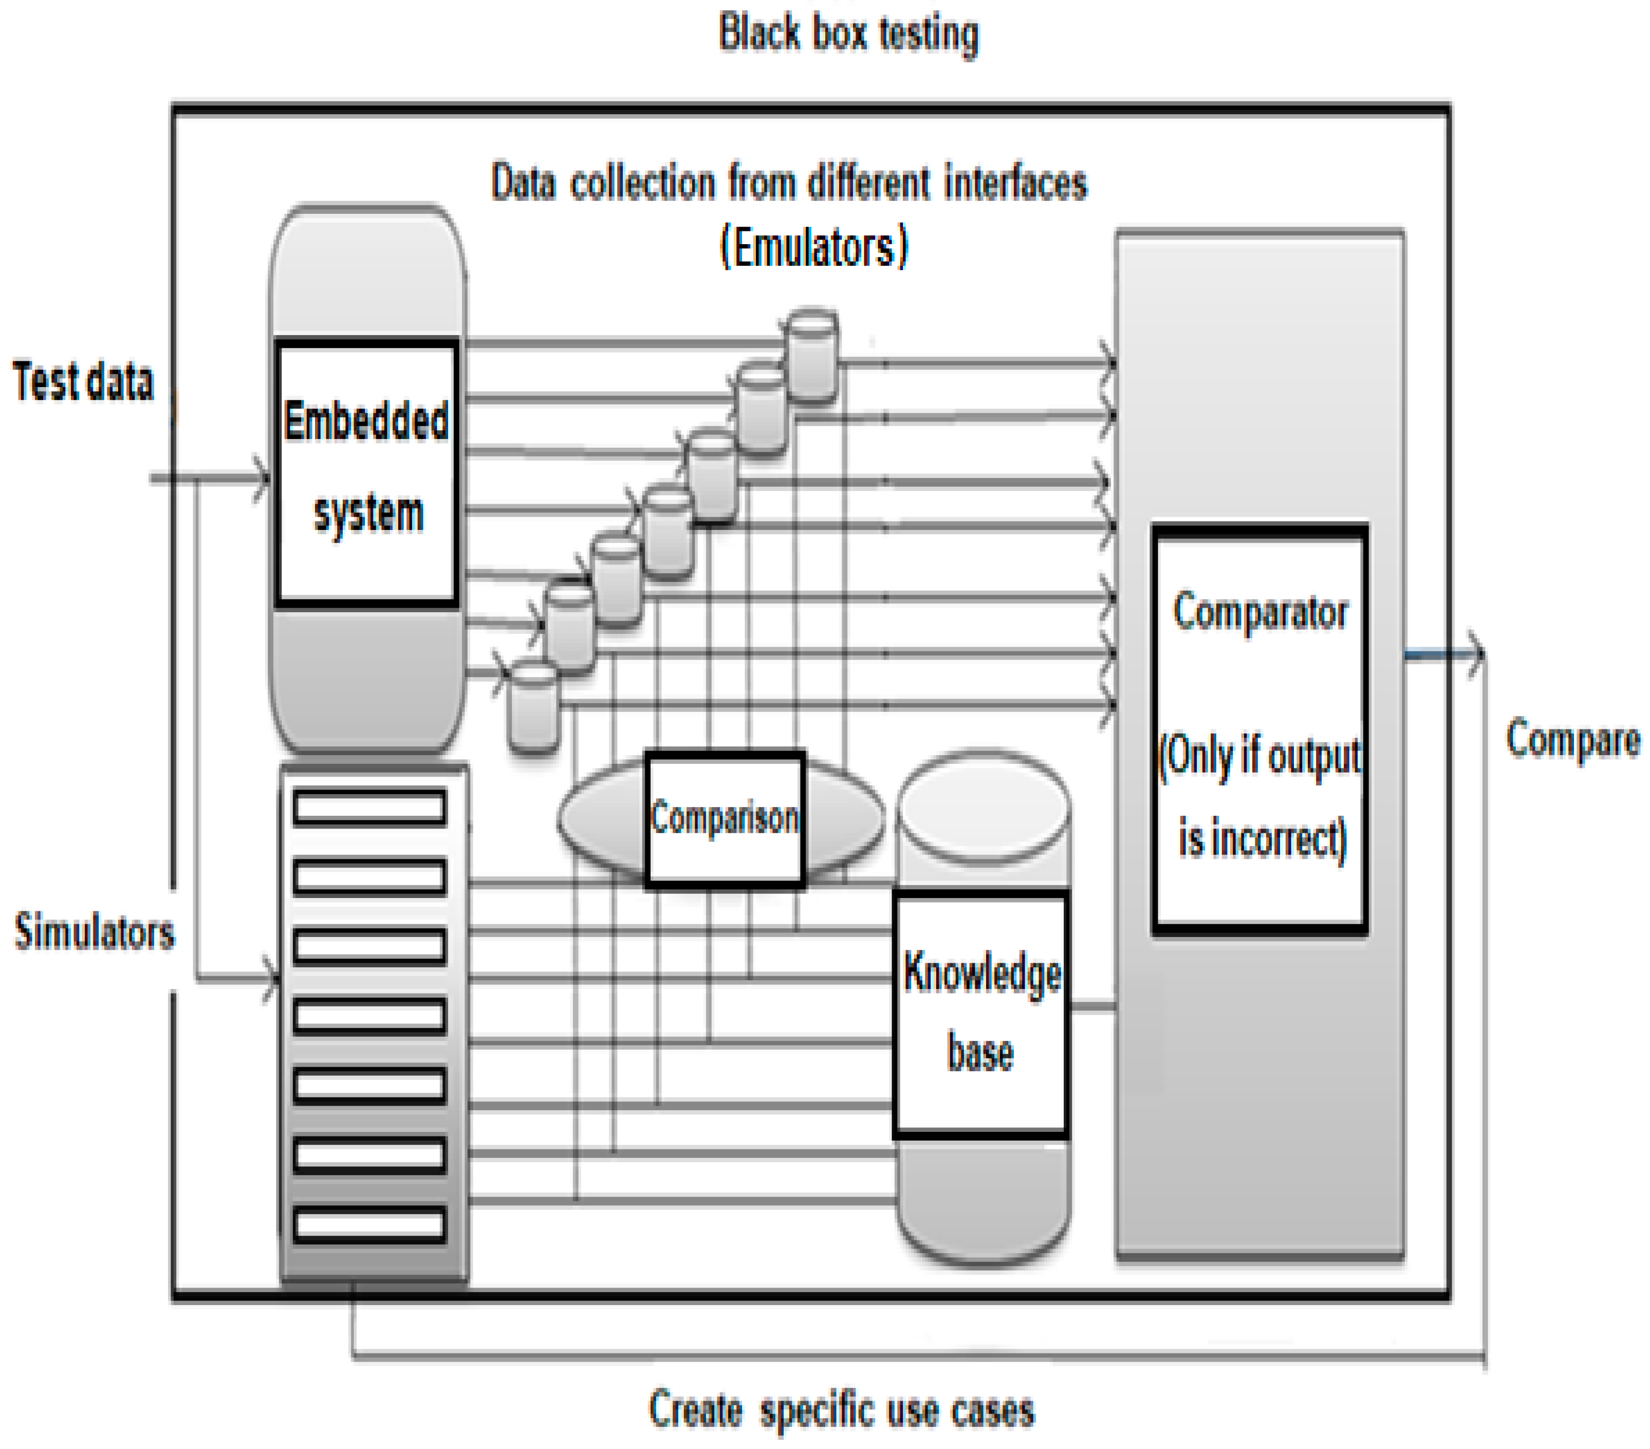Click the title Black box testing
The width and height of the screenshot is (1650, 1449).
point(847,34)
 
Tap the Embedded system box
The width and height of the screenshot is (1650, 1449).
point(367,471)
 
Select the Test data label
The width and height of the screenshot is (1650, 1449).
point(83,381)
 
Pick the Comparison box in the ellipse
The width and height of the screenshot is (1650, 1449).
point(724,818)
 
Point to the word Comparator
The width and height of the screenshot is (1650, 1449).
point(1260,612)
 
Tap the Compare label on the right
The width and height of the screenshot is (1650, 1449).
point(1572,739)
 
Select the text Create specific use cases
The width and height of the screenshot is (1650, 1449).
point(841,1409)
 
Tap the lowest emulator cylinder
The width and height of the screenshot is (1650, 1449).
point(533,707)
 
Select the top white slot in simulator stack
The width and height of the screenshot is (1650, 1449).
point(369,807)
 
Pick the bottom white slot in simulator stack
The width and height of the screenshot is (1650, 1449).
point(369,1224)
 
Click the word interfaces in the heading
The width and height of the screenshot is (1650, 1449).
point(1015,182)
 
